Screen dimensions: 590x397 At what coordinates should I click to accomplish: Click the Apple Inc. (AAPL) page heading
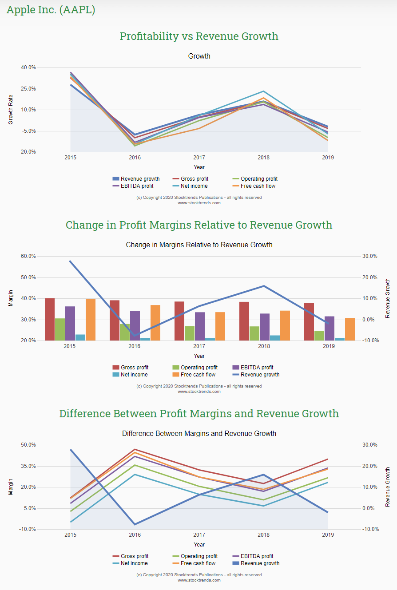point(51,10)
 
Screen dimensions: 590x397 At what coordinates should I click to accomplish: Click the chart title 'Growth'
point(199,56)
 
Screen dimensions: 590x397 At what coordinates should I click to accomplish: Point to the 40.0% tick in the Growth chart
point(28,67)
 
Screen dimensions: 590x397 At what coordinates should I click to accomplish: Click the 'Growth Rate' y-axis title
point(11,109)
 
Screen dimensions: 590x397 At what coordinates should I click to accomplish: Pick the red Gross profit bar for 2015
point(50,319)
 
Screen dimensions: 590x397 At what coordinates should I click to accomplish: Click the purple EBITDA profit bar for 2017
point(200,326)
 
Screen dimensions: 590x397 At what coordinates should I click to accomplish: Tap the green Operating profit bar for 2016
point(125,332)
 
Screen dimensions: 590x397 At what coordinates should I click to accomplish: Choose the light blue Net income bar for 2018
point(275,338)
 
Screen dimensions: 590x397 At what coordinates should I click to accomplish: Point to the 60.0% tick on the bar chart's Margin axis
point(28,256)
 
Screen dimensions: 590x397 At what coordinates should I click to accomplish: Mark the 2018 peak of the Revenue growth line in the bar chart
point(264,286)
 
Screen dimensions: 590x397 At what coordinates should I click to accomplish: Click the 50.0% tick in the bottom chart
point(28,445)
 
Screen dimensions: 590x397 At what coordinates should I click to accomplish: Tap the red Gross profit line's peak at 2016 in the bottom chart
point(135,449)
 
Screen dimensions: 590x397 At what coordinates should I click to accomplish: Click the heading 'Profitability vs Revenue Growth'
point(199,36)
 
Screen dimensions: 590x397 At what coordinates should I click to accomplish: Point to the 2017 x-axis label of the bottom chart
point(199,535)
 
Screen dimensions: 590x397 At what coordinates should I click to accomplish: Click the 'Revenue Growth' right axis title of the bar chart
point(388,298)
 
